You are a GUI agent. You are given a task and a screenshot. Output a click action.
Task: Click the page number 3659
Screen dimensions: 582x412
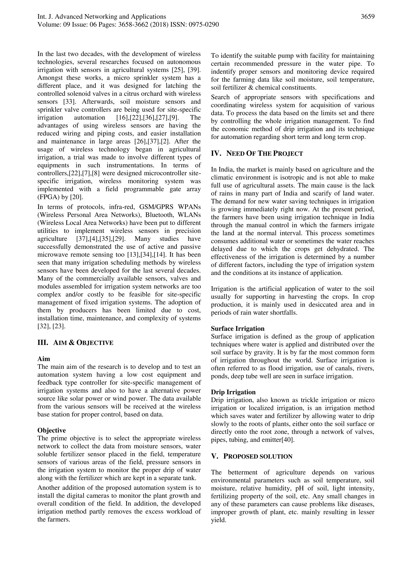(368, 17)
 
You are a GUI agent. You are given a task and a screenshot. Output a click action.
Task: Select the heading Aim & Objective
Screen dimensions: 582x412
(83, 343)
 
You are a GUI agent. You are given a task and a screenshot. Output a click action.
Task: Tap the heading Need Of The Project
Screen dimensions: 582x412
(264, 154)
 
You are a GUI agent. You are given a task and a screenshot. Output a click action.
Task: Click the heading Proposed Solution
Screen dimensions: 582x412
(258, 456)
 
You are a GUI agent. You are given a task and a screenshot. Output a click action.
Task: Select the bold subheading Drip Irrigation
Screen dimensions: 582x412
(233, 392)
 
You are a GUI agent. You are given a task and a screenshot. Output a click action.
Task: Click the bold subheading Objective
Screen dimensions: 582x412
(51, 430)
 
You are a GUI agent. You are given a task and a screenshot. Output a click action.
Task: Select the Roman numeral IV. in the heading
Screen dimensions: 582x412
(216, 154)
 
